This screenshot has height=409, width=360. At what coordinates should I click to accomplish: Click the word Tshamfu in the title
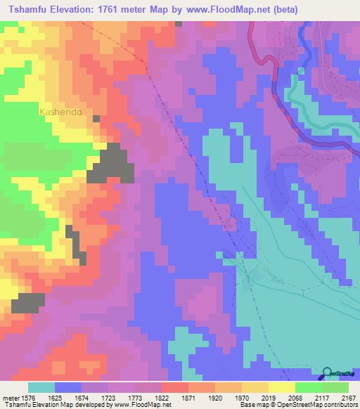28,10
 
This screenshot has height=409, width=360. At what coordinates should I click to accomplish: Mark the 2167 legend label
340,397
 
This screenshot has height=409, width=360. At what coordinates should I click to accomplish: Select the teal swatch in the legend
41,387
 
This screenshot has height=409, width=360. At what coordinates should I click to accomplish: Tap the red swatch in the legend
174,387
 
